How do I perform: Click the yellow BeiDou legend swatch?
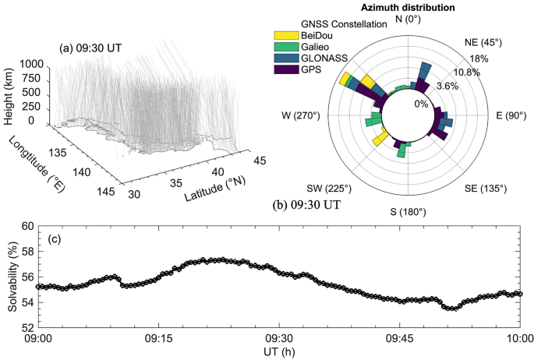pyautogui.click(x=284, y=35)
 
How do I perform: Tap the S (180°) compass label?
pyautogui.click(x=408, y=212)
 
